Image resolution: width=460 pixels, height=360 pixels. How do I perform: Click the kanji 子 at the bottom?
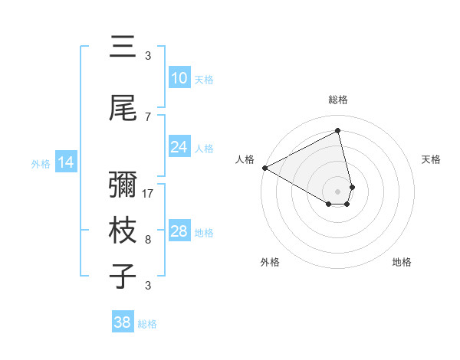click(122, 276)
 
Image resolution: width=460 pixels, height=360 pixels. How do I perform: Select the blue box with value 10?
click(179, 78)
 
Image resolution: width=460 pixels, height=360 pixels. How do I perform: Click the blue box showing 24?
click(179, 147)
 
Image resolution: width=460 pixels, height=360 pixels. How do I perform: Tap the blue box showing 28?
click(179, 231)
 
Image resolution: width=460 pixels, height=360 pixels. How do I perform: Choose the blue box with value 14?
click(66, 162)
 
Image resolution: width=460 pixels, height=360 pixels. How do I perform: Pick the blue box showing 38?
click(123, 323)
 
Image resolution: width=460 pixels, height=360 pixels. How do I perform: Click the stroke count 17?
click(149, 194)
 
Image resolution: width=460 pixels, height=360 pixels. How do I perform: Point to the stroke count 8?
click(148, 240)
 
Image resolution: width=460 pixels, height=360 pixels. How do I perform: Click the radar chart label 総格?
click(338, 100)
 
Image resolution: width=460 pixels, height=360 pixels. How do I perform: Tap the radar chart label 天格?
click(432, 159)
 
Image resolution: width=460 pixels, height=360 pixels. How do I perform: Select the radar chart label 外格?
click(270, 262)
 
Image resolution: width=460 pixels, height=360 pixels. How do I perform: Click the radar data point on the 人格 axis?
click(264, 168)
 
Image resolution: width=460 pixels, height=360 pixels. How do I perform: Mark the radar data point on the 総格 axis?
click(338, 132)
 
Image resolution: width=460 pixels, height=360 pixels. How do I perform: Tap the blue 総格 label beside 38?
click(147, 324)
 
